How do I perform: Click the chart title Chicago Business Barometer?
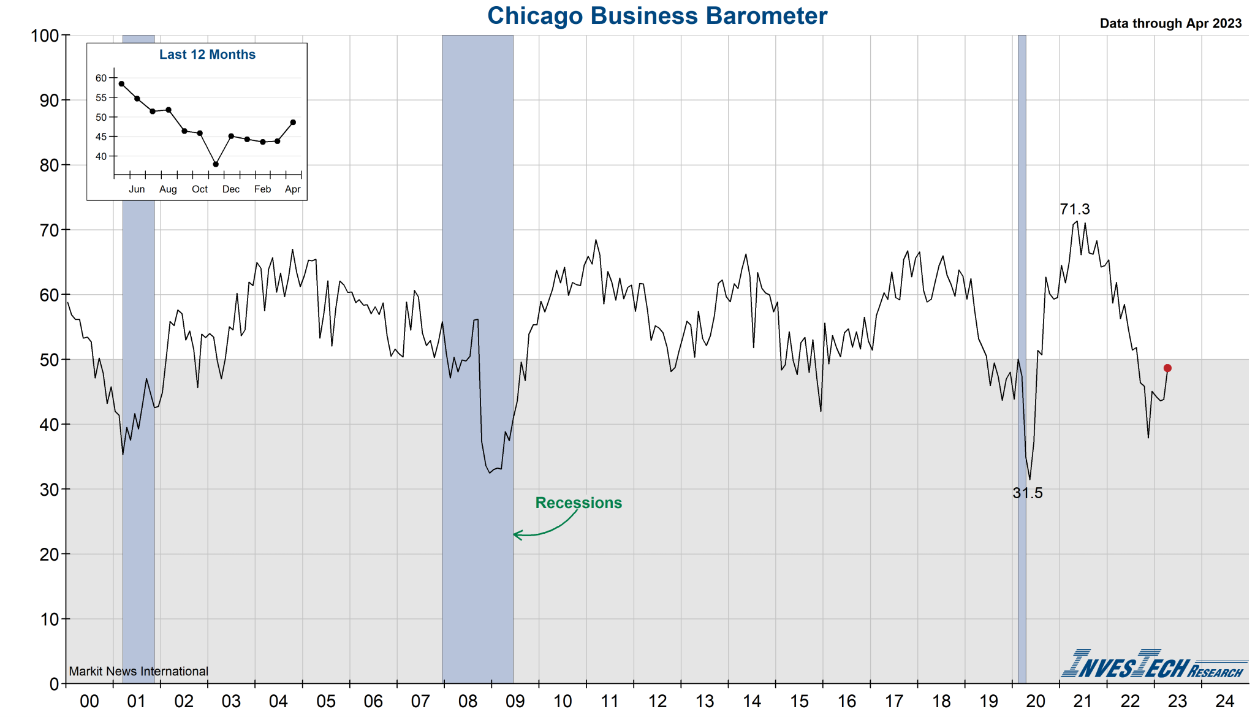(x=657, y=16)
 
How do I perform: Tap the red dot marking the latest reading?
(x=1167, y=368)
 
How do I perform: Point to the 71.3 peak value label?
(x=1075, y=209)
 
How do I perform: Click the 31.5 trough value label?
(x=1028, y=493)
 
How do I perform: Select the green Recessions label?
(x=578, y=503)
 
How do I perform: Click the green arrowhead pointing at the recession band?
(x=517, y=535)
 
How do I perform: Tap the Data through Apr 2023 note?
(x=1170, y=23)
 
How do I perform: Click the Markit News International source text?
(x=138, y=671)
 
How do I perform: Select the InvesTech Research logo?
(x=1153, y=664)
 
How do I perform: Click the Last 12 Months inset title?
(x=207, y=55)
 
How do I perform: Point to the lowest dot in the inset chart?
(x=216, y=164)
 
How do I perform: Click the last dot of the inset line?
(x=293, y=123)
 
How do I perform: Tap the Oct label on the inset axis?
(x=200, y=189)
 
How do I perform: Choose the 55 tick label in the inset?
(x=101, y=97)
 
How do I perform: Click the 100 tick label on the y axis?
(x=45, y=36)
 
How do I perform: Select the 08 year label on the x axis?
(x=468, y=701)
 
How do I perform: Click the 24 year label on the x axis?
(x=1224, y=701)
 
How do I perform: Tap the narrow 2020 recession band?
(x=1022, y=306)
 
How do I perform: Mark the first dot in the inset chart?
(x=121, y=84)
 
